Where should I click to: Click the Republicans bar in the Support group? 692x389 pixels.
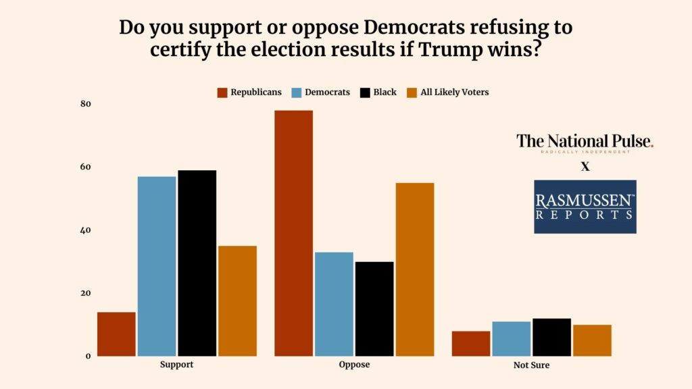(x=116, y=334)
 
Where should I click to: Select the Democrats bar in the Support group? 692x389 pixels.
(x=157, y=266)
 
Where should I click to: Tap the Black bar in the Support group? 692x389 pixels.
(x=197, y=263)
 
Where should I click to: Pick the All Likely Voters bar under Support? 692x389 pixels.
(x=237, y=301)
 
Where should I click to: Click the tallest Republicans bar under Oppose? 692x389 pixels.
(x=293, y=233)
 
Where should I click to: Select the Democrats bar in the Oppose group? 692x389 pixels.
(x=334, y=304)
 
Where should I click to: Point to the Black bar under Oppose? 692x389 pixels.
(x=374, y=309)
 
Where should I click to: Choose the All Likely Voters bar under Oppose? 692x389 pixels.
(x=415, y=269)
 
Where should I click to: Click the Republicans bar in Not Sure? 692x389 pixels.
(x=471, y=344)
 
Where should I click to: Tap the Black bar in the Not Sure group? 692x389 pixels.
(x=551, y=337)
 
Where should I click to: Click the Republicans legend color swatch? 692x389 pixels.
(x=222, y=93)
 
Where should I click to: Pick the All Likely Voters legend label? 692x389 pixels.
(x=454, y=93)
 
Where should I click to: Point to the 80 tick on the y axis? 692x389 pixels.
(x=86, y=104)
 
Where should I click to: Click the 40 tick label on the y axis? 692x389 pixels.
(x=86, y=230)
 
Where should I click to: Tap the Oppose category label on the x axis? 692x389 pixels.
(x=354, y=365)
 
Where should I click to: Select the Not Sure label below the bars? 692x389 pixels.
(x=531, y=365)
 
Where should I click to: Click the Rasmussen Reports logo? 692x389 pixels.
(x=585, y=207)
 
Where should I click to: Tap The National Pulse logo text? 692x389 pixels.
(x=585, y=141)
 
